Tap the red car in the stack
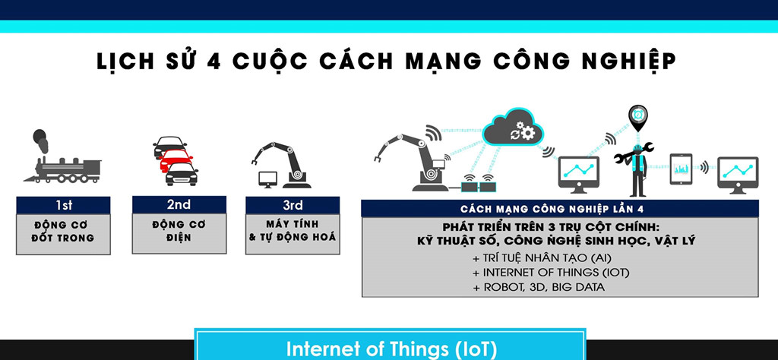pos(176,159)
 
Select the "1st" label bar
pos(64,205)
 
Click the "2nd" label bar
pos(179,205)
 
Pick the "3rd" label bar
pos(293,205)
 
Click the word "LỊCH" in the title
pos(125,61)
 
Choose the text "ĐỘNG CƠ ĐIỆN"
pos(179,232)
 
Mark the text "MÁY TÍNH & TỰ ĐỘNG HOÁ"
pos(293,232)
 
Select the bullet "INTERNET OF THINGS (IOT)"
pos(550,273)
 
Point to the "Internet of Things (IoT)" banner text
pos(391,349)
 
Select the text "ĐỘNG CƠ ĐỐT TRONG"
pos(64,232)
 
